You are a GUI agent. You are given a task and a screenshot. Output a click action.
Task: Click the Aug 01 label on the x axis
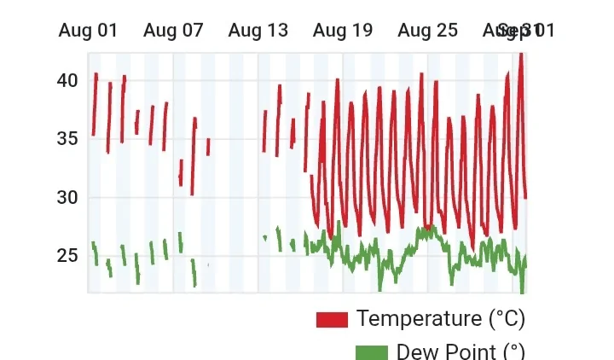[88, 31]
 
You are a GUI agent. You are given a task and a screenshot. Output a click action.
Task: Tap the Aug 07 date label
[173, 31]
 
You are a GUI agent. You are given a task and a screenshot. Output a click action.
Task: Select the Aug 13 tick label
[258, 31]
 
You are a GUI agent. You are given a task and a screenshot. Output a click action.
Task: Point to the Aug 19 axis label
[343, 31]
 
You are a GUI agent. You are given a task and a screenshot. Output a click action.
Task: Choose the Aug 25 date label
[427, 31]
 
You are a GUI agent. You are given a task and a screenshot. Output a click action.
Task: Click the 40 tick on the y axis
[67, 80]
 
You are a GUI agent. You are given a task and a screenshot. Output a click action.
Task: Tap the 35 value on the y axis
[67, 139]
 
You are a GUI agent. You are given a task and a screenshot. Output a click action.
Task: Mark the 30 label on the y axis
[67, 197]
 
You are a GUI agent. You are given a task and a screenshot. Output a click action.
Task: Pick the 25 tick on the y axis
[67, 256]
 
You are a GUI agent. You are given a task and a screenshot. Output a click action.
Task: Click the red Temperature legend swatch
[332, 320]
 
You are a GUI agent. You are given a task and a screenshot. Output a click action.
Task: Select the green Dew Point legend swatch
[371, 352]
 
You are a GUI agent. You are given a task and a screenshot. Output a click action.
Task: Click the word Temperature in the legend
[419, 319]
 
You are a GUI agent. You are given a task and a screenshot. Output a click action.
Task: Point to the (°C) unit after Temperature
[507, 319]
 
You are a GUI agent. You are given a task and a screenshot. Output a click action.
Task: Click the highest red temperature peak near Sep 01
[520, 55]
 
